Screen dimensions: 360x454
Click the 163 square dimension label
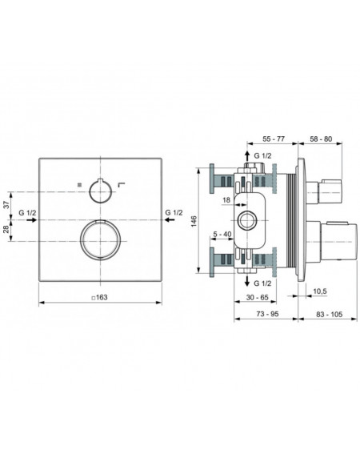click(x=99, y=297)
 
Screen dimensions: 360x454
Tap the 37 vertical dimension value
click(x=6, y=205)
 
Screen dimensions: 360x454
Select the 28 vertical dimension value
click(x=6, y=230)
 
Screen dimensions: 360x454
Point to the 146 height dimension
click(x=194, y=221)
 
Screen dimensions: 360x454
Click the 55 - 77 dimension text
click(x=273, y=139)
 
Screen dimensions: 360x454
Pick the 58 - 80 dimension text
click(x=321, y=139)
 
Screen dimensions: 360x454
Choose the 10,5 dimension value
click(x=320, y=291)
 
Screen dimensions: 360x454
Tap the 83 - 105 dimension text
click(x=329, y=314)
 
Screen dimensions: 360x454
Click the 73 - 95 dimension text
click(x=267, y=314)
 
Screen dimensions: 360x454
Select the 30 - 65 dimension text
click(x=258, y=297)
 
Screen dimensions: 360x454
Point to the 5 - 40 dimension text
click(x=222, y=234)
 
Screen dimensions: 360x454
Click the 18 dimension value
click(x=226, y=200)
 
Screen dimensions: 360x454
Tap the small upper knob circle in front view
click(x=100, y=181)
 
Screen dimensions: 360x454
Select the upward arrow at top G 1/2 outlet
click(x=247, y=156)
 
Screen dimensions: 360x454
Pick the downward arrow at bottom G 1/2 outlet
click(x=247, y=281)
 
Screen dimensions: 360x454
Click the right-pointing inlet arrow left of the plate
click(x=32, y=220)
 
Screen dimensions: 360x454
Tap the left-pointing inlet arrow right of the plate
click(x=170, y=220)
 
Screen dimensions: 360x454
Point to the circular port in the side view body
click(x=247, y=211)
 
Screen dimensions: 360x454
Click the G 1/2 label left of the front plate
click(x=27, y=213)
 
